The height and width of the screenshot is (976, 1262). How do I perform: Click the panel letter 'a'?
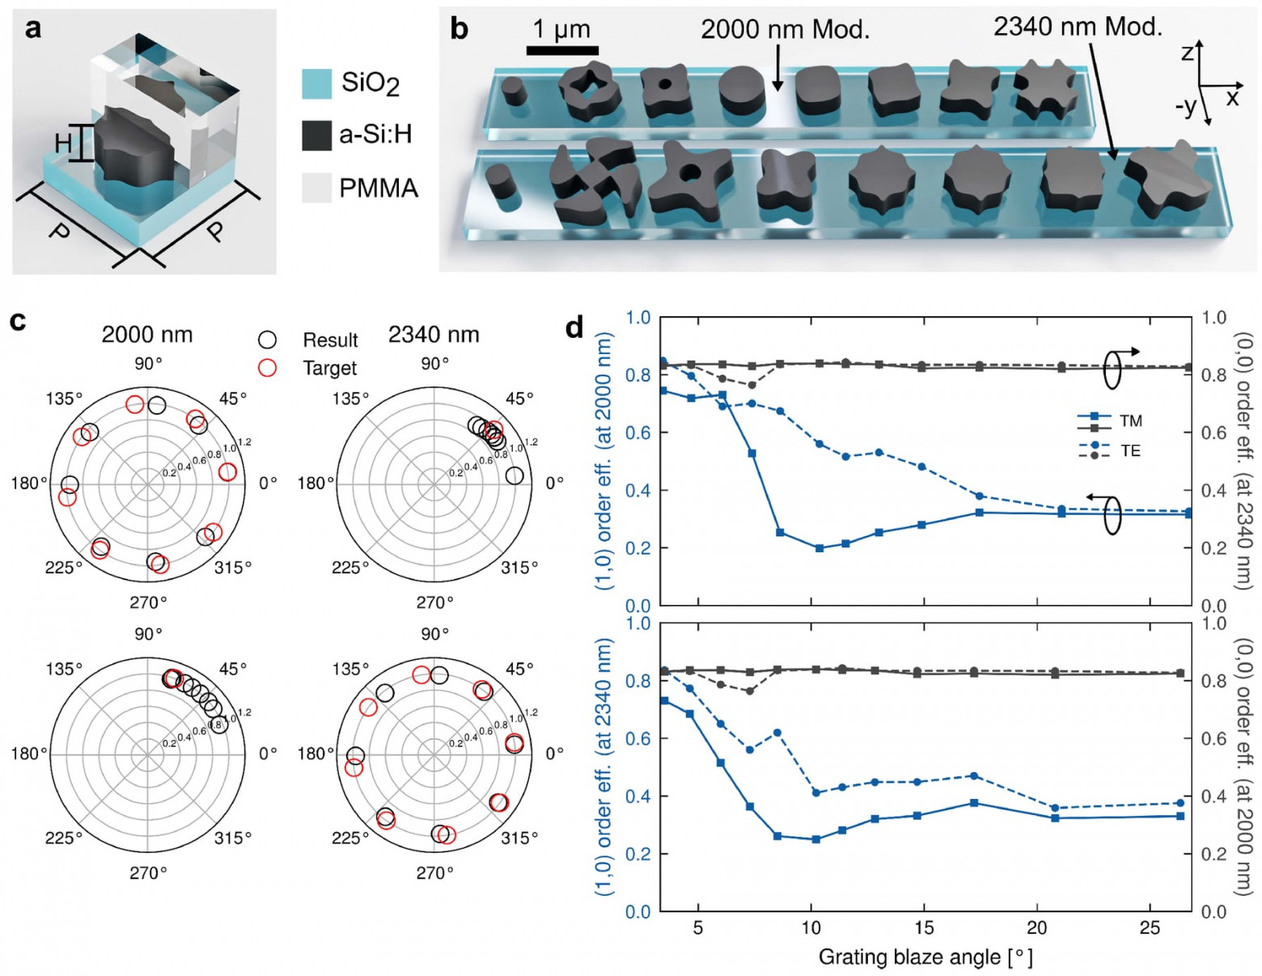pyautogui.click(x=32, y=28)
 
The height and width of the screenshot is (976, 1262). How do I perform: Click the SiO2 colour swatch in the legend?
pyautogui.click(x=316, y=83)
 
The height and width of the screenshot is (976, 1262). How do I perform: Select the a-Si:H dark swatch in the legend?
pyautogui.click(x=316, y=135)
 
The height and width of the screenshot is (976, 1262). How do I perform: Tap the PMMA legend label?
pyautogui.click(x=378, y=188)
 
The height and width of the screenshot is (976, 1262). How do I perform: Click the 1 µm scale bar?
pyautogui.click(x=562, y=50)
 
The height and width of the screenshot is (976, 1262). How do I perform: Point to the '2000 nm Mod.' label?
pyautogui.click(x=785, y=30)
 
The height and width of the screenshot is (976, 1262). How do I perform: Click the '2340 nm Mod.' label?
pyautogui.click(x=1077, y=27)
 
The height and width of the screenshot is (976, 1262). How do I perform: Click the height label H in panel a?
pyautogui.click(x=63, y=144)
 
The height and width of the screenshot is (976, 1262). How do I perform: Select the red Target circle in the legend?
pyautogui.click(x=267, y=368)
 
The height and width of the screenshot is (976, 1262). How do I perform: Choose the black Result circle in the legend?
pyautogui.click(x=267, y=340)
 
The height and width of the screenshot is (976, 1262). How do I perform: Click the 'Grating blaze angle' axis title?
pyautogui.click(x=925, y=957)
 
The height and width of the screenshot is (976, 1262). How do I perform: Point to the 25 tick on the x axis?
pyautogui.click(x=1150, y=927)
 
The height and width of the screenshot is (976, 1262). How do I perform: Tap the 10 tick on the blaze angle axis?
pyautogui.click(x=811, y=927)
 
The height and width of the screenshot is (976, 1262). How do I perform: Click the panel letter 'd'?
pyautogui.click(x=574, y=327)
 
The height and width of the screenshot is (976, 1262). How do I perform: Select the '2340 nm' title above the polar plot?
pyautogui.click(x=434, y=334)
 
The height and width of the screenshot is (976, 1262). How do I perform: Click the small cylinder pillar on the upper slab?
pyautogui.click(x=514, y=91)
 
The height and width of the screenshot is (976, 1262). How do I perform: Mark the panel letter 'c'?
pyautogui.click(x=18, y=321)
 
